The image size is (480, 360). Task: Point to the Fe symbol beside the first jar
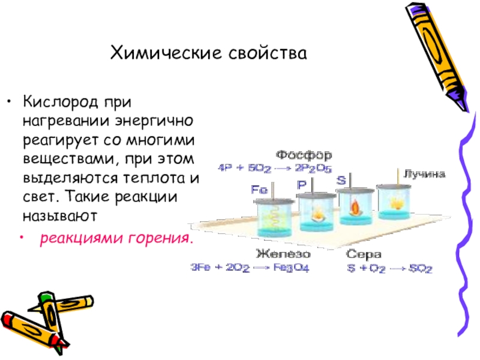pyautogui.click(x=259, y=189)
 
